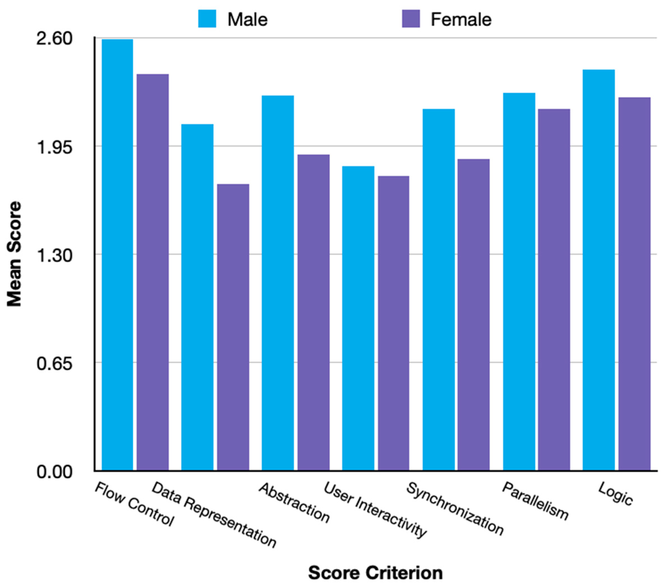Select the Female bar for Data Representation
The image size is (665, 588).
(x=233, y=327)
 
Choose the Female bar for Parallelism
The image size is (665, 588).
(x=554, y=289)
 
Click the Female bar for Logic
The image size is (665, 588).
(x=634, y=284)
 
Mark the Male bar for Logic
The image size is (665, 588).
(x=598, y=270)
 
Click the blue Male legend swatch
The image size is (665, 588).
(x=207, y=18)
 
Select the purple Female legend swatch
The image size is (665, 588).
(x=411, y=18)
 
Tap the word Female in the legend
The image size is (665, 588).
(x=461, y=20)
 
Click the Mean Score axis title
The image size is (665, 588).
(x=14, y=254)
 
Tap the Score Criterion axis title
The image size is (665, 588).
(x=375, y=573)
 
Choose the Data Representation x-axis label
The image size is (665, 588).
(x=214, y=514)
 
